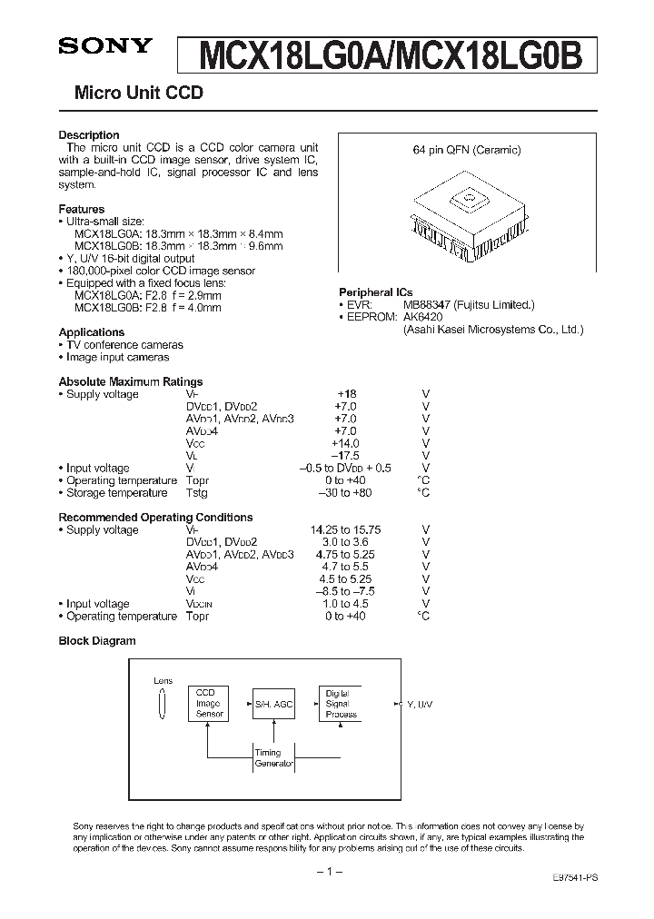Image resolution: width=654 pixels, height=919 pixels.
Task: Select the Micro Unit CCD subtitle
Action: point(131,93)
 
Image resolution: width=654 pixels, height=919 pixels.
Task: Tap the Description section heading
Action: point(89,135)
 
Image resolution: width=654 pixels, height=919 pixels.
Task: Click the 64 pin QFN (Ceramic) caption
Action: point(469,150)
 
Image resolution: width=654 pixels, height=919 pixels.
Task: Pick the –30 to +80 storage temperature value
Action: point(345,493)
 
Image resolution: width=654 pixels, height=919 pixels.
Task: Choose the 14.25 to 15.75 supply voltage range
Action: point(347,530)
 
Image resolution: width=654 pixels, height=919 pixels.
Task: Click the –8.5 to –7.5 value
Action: point(346,591)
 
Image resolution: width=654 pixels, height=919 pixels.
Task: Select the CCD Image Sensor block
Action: point(210,704)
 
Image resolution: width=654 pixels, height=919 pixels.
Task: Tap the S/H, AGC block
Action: point(273,704)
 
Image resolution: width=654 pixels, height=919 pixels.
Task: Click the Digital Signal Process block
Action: point(340,704)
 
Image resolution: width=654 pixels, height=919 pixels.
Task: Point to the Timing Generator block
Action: point(273,758)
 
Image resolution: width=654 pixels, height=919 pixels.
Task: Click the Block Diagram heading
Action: point(97,640)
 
